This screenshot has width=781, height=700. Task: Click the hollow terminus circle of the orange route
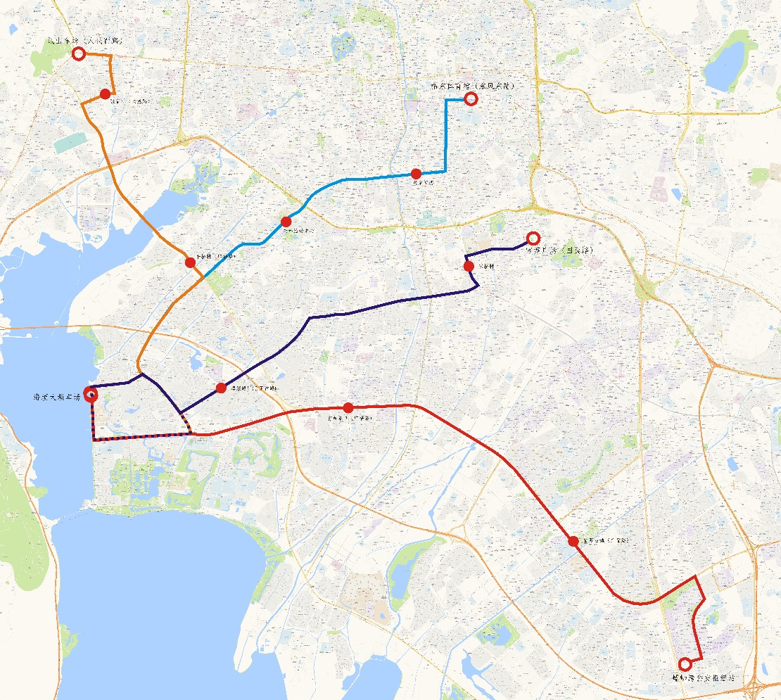point(79,53)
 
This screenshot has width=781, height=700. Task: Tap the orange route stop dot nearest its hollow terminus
point(105,94)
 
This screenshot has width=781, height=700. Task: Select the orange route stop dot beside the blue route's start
point(190,262)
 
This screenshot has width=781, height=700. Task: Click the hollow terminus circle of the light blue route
point(471,99)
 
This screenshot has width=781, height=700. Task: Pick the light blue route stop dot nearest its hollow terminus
point(416,173)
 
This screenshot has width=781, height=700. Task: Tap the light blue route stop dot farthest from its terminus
point(286,222)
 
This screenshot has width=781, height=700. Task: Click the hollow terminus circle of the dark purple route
point(533,238)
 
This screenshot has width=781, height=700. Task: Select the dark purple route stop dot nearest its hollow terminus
point(469,266)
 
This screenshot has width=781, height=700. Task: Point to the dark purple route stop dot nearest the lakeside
point(221,388)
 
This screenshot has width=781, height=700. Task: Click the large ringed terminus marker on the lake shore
point(91,394)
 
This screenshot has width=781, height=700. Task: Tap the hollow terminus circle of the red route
point(683,663)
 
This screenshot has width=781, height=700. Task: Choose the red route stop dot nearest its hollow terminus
point(573,541)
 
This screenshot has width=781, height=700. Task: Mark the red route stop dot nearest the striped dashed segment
point(348,407)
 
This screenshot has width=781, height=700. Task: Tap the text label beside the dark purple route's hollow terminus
point(560,249)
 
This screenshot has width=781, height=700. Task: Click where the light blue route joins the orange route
point(204,276)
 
